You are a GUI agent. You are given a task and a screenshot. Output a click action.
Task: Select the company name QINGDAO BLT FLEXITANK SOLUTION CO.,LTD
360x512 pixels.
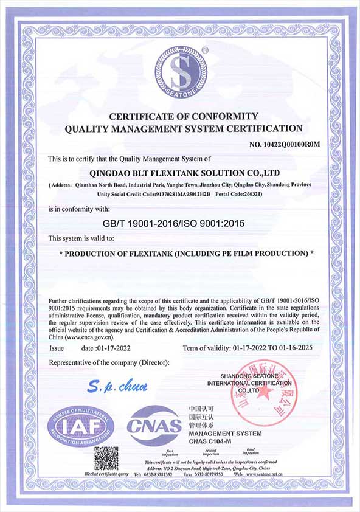point(180,172)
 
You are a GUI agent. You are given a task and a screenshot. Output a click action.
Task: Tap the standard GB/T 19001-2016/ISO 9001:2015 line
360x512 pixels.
point(174,223)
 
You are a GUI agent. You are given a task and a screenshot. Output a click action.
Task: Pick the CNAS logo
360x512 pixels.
point(154,425)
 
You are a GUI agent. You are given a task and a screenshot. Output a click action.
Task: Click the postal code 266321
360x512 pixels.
point(249,195)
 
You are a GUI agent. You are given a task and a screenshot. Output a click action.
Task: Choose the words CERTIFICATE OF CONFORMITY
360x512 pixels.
point(183,116)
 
